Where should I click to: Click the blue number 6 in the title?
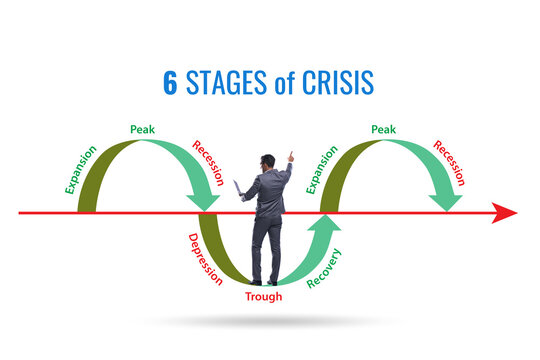pos(170,83)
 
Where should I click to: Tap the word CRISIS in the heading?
pos(335,83)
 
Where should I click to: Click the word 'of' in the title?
pos(285,83)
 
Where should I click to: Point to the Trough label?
pos(264,296)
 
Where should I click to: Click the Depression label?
pos(205,259)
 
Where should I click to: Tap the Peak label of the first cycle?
pos(141,129)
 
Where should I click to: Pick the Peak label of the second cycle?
pos(383,129)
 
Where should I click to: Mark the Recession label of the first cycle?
pos(208,161)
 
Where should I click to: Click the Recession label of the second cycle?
pos(449,161)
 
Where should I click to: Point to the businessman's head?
pos(267,162)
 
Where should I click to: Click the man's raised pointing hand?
pos(291,156)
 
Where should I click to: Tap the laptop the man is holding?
pos(237,188)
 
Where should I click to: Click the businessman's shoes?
pos(265,282)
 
